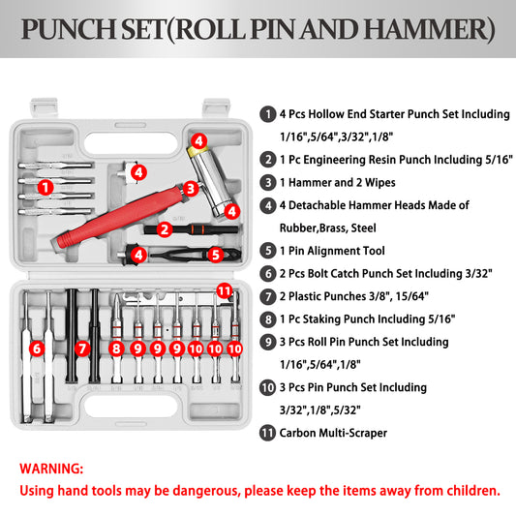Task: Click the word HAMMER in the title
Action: [x=428, y=30]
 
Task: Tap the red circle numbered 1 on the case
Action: [x=46, y=187]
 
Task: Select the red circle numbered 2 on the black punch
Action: [x=165, y=229]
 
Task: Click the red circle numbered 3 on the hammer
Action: [x=191, y=189]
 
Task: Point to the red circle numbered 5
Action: [x=216, y=255]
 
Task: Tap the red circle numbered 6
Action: [x=37, y=349]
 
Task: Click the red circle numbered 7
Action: [x=82, y=349]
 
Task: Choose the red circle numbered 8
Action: [x=116, y=349]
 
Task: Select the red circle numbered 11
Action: [x=225, y=290]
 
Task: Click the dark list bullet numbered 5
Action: [x=268, y=251]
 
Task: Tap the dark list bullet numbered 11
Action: [x=267, y=433]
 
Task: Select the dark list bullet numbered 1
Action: [x=268, y=114]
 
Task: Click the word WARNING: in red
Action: [x=51, y=469]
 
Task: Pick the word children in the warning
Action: [x=473, y=491]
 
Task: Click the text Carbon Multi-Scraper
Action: [x=333, y=433]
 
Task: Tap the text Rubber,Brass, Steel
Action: [x=328, y=228]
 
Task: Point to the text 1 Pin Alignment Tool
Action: [x=332, y=251]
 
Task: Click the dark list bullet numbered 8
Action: [x=268, y=319]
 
